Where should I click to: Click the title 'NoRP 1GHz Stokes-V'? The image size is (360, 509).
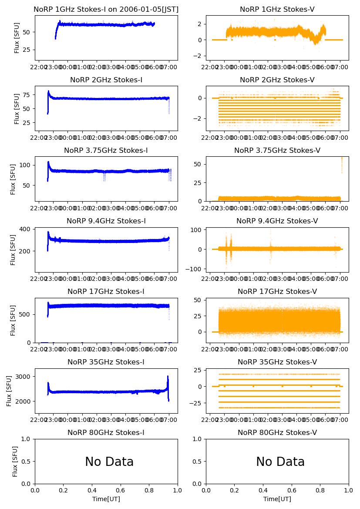[x=277, y=10]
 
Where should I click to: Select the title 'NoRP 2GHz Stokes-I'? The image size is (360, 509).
[x=106, y=80]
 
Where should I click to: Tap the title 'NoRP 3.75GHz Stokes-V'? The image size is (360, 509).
[x=277, y=151]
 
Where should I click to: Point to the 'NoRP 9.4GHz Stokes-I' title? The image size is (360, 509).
[x=106, y=221]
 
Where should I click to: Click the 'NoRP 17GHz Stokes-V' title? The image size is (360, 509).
[x=277, y=292]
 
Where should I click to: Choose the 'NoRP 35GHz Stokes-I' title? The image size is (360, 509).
[x=106, y=362]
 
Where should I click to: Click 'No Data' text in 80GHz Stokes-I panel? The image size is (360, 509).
[x=109, y=462]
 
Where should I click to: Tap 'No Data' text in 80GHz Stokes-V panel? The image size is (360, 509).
[x=280, y=462]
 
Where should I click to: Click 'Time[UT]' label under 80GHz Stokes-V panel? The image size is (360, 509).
[x=277, y=499]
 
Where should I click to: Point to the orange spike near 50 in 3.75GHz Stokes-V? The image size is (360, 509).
[x=342, y=163]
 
